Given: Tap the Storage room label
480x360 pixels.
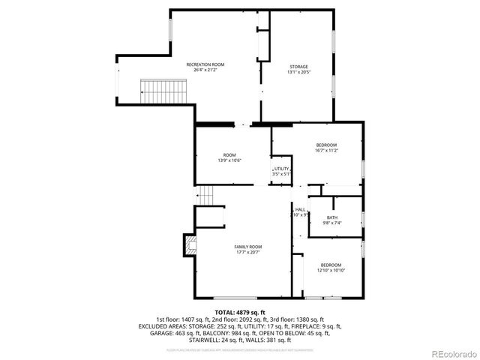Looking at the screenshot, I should click(x=278, y=67).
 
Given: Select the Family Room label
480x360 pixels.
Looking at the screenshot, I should click(x=248, y=247).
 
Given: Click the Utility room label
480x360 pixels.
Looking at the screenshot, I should click(x=281, y=169).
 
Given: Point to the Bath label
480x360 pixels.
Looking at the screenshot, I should click(x=331, y=217).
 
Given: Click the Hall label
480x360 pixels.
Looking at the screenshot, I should click(x=300, y=209).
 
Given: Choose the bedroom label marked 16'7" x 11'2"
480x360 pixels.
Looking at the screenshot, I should click(x=326, y=145).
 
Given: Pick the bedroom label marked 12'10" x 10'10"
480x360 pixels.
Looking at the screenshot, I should click(x=331, y=265).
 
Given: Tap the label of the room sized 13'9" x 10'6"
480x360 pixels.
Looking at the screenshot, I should click(x=229, y=155).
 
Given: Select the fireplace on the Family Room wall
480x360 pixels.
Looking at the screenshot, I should click(x=188, y=245).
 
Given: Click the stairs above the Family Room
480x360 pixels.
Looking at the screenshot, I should click(x=207, y=195).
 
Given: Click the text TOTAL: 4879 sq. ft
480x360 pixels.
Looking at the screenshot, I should click(x=240, y=312).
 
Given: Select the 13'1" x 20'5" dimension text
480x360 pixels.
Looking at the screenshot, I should click(x=278, y=72).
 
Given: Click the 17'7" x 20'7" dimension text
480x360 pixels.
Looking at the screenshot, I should click(x=248, y=251).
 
